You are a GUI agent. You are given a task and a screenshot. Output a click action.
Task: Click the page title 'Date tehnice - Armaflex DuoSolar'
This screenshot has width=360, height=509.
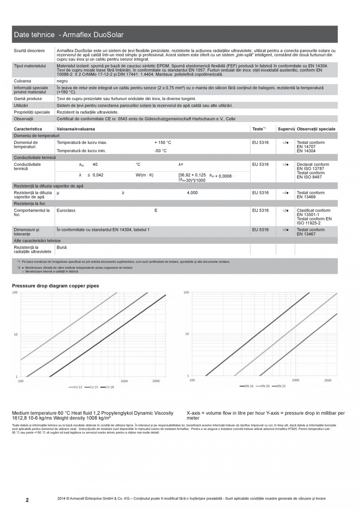(x=69, y=35)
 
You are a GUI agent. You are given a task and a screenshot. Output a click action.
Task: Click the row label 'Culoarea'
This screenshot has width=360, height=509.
(x=23, y=81)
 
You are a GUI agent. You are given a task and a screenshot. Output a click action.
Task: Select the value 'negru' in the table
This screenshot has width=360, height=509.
(x=62, y=81)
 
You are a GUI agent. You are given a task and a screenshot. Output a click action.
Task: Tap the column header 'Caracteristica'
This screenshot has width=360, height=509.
(x=28, y=129)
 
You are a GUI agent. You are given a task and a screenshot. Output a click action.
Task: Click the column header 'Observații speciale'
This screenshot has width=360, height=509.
(x=316, y=129)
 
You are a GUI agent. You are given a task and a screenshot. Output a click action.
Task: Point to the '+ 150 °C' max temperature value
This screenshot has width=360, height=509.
(x=162, y=143)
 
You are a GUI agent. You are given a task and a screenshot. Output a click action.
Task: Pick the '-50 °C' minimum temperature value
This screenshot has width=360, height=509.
(x=160, y=151)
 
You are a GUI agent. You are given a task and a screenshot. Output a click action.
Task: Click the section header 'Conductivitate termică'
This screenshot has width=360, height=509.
(x=35, y=157)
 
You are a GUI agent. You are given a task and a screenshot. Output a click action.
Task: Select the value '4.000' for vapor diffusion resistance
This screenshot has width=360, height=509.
(x=192, y=193)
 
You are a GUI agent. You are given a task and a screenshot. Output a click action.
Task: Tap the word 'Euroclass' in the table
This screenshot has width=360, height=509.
(x=66, y=210)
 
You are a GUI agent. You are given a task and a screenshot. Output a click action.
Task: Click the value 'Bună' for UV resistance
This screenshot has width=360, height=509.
(x=62, y=248)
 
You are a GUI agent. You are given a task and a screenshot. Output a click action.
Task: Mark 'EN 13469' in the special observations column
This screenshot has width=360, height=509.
(x=306, y=197)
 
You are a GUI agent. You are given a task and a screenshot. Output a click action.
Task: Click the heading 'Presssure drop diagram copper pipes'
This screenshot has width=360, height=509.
(x=56, y=286)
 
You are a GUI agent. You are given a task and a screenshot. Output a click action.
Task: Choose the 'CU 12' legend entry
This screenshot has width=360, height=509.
(x=77, y=387)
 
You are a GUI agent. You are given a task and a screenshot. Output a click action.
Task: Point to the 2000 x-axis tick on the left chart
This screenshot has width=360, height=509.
(x=156, y=381)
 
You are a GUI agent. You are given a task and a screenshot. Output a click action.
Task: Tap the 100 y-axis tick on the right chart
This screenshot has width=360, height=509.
(x=186, y=293)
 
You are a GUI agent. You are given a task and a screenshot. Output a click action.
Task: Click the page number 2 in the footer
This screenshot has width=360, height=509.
(x=27, y=500)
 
